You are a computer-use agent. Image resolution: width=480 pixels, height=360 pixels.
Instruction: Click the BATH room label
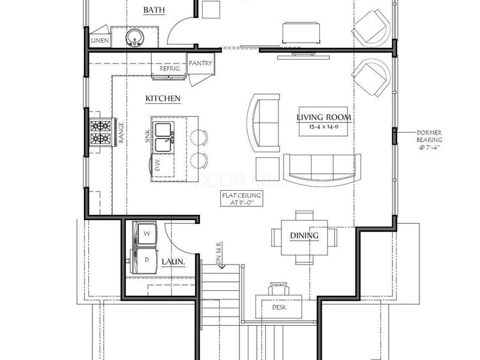(154, 10)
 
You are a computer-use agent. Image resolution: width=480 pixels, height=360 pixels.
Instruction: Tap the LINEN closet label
(100, 40)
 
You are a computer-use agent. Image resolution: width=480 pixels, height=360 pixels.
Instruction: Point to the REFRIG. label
(170, 69)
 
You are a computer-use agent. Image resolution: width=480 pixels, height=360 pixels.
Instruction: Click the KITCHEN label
(163, 98)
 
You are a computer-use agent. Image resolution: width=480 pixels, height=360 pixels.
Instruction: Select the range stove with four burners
(101, 133)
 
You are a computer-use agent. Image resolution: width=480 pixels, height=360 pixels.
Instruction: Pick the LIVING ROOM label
(324, 117)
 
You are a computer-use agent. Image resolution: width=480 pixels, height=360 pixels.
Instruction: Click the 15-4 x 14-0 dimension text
(324, 127)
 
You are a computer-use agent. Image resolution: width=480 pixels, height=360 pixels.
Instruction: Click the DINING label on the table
(304, 235)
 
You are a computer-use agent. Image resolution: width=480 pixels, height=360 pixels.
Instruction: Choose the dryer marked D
(144, 259)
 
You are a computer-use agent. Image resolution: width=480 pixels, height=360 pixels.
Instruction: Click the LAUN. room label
(173, 263)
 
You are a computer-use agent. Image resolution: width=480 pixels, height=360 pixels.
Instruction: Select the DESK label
(279, 307)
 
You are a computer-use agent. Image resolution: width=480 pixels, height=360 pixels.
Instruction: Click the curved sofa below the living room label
(323, 169)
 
